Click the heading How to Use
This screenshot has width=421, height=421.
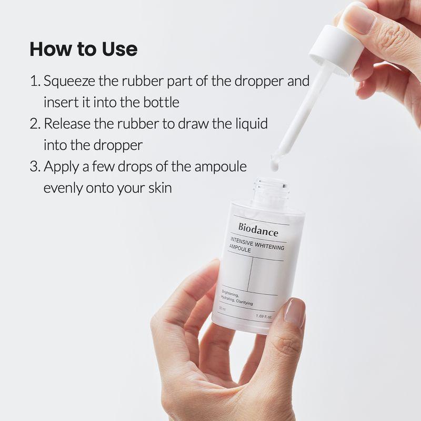pos(83,49)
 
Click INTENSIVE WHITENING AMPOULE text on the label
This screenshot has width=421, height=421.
pos(256,248)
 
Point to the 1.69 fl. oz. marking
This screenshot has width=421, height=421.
pos(264,316)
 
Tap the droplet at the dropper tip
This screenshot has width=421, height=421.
pos(274,165)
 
